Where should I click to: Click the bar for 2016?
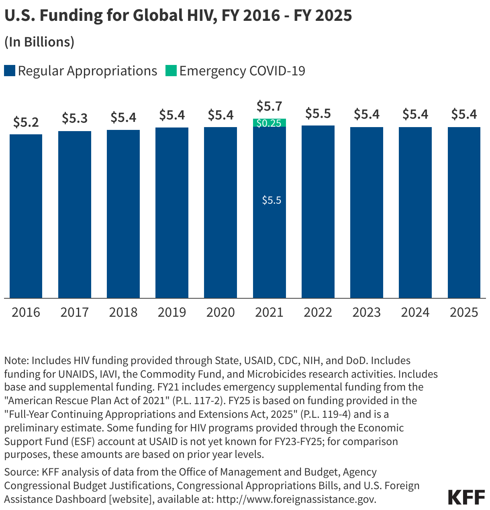[x=26, y=217]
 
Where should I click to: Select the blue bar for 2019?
[x=172, y=212]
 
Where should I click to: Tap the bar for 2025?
[x=464, y=212]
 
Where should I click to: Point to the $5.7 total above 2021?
[x=269, y=106]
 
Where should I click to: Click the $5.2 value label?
[x=26, y=122]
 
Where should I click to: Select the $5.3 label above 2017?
[x=75, y=118]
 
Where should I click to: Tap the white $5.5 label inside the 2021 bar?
[x=272, y=200]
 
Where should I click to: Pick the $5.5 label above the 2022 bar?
[x=318, y=113]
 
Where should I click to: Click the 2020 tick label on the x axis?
[x=220, y=312]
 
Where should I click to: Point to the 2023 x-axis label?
[x=367, y=312]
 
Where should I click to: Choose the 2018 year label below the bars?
[x=123, y=312]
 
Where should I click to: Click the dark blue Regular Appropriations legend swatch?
[x=10, y=71]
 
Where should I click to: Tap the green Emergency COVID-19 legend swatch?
[x=171, y=71]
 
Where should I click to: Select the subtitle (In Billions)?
[x=39, y=42]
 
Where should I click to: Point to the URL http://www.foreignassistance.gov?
[x=296, y=499]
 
